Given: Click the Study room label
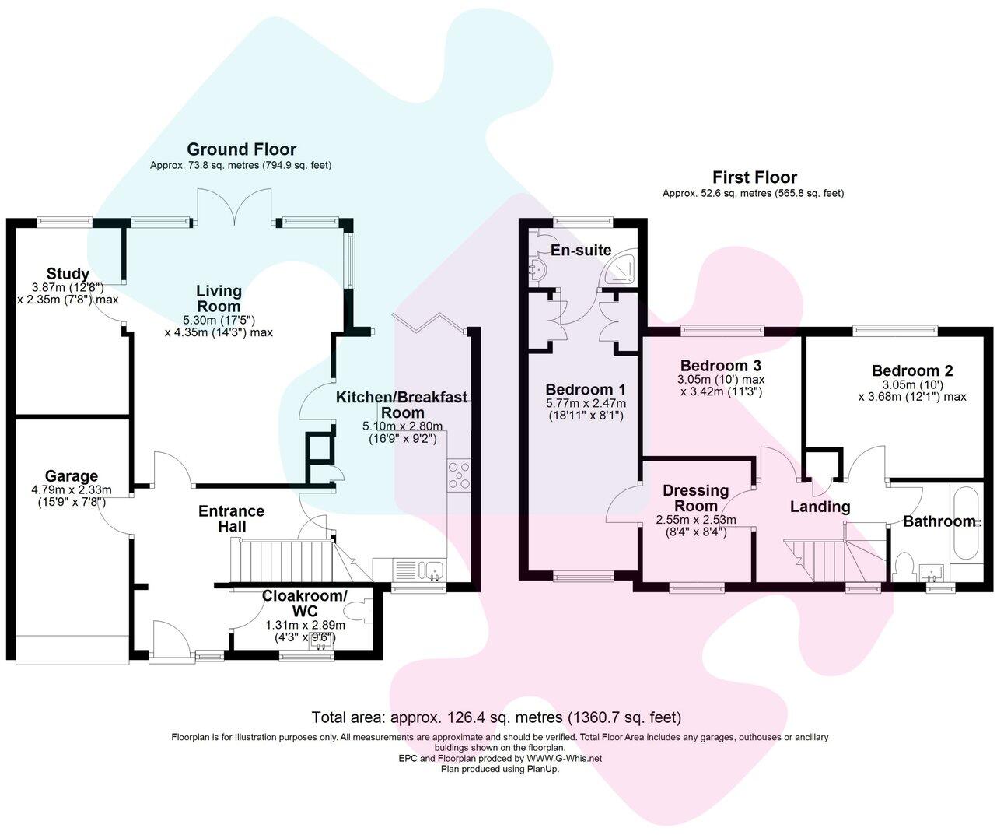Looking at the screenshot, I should pos(68,274).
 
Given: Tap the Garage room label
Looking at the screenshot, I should pos(71,476).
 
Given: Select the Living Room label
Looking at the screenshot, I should pos(219,298).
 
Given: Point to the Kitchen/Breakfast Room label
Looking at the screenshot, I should pos(402,405).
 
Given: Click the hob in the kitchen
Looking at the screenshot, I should pos(459,475).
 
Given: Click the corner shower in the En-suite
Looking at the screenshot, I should pos(623,269).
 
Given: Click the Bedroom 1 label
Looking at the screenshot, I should pos(586,390).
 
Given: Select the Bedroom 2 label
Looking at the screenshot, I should pos(911,371).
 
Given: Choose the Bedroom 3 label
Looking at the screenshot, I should pos(720,366).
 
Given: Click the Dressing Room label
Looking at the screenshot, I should pos(696,498).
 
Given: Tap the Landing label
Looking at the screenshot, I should pos(820,507).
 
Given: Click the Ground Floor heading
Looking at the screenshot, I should pos(242,149).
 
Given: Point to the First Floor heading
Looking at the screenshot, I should pos(754,177).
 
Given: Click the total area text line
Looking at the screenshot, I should pos(496,717).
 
